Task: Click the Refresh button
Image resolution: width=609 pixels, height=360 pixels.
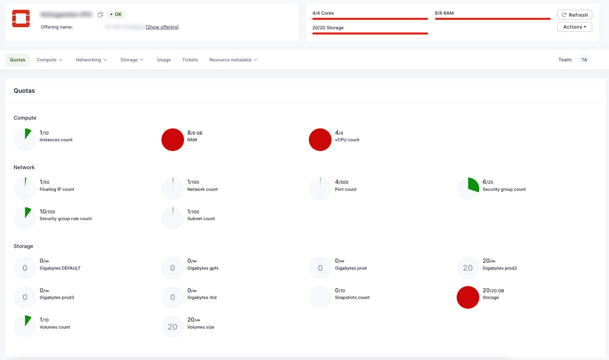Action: click(x=574, y=15)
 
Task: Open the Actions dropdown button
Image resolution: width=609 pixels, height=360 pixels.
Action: click(x=574, y=27)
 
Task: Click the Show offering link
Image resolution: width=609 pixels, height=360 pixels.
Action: click(x=162, y=27)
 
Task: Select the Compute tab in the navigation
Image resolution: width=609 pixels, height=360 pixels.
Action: click(x=50, y=60)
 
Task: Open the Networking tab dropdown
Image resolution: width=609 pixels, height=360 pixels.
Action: click(x=91, y=60)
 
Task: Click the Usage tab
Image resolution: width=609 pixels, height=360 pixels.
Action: click(x=164, y=60)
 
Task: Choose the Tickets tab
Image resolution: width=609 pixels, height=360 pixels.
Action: click(x=190, y=60)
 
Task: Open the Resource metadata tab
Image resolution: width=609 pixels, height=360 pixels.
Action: click(x=233, y=60)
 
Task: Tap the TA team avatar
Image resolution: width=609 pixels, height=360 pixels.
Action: click(x=584, y=60)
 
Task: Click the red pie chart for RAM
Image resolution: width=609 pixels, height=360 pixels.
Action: click(x=173, y=140)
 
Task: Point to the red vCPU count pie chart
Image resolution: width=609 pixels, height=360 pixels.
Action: click(x=320, y=140)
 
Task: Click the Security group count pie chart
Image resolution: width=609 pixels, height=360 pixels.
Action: click(x=468, y=189)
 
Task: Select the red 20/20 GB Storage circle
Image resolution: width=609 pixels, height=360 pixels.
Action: click(x=468, y=297)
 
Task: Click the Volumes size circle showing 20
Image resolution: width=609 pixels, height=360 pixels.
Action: click(x=173, y=327)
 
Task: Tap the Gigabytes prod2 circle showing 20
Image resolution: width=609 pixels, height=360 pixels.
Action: click(x=468, y=268)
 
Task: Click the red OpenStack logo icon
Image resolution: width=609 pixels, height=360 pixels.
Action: click(x=21, y=18)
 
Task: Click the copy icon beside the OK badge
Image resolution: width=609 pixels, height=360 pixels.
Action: click(x=100, y=15)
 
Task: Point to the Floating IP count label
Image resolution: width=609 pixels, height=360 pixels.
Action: click(x=57, y=189)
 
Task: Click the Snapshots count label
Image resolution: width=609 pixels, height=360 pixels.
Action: click(x=352, y=298)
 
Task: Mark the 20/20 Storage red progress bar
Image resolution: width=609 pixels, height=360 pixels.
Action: click(x=370, y=33)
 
